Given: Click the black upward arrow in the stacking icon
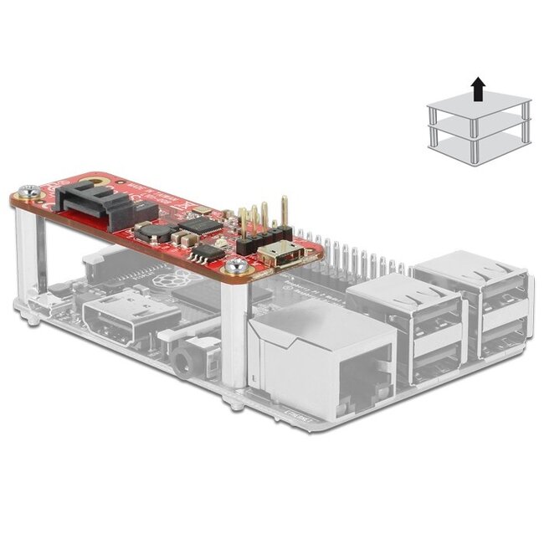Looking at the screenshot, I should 477,86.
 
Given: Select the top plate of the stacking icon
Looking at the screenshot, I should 478,106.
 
